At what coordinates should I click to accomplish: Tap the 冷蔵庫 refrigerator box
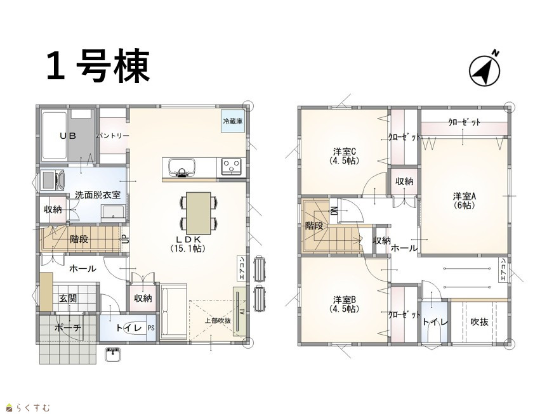click(x=232, y=122)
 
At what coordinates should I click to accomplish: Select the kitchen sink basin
click(x=182, y=167)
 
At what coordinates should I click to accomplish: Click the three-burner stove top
click(x=232, y=167)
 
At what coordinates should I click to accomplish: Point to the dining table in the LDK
click(x=199, y=213)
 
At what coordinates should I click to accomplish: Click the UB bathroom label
click(x=68, y=136)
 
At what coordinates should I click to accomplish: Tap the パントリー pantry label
click(x=113, y=136)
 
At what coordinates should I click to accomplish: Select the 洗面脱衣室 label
click(x=98, y=195)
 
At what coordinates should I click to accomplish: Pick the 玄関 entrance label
click(x=67, y=299)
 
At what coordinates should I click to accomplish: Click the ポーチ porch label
click(x=68, y=328)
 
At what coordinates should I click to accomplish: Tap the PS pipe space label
click(x=151, y=328)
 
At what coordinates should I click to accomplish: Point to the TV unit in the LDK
click(x=239, y=311)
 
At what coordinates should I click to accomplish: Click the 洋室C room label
click(x=345, y=152)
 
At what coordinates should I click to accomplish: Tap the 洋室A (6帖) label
click(x=465, y=200)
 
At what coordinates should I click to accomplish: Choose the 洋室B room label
click(x=345, y=300)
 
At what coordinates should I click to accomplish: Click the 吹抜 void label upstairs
click(x=480, y=322)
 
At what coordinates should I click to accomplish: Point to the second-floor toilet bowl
click(x=434, y=334)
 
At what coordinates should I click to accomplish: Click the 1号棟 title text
click(x=98, y=66)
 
